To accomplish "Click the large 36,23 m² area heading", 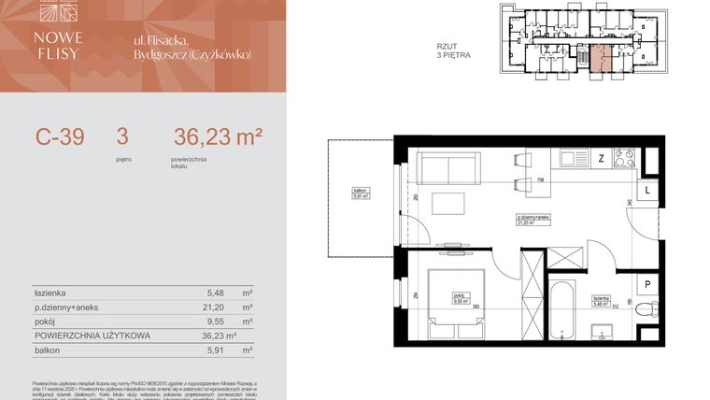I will coord(218,137).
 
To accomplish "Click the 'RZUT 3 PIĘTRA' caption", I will coord(453,50).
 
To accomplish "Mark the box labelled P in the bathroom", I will coord(647,285).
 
